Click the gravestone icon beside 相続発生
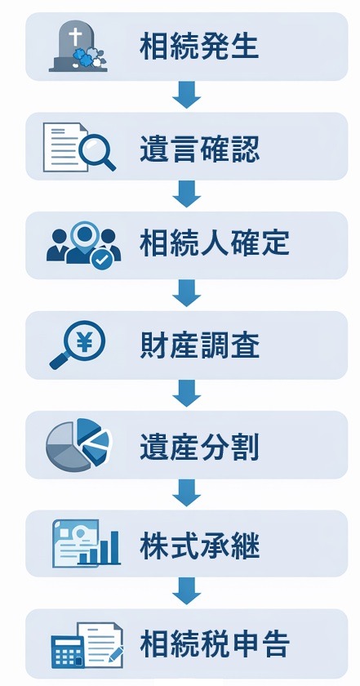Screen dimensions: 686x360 (x=78, y=47)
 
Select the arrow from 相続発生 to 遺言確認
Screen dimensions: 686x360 (x=187, y=96)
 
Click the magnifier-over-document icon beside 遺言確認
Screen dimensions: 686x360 (x=78, y=146)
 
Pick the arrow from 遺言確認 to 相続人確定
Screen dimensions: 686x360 (x=187, y=195)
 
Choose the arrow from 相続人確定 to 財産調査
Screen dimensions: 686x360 (x=187, y=294)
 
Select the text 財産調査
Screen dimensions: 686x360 (x=199, y=346)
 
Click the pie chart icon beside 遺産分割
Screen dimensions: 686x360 (x=78, y=444)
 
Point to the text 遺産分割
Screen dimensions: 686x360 (x=199, y=445)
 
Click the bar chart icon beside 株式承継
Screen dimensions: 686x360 (x=86, y=543)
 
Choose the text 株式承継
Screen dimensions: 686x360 (x=199, y=545)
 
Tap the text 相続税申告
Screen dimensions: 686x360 (x=214, y=644)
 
